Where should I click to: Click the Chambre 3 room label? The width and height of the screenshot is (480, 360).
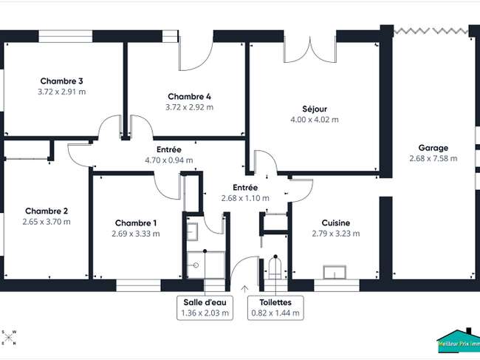61,81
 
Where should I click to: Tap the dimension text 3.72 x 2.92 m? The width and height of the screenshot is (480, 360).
190,107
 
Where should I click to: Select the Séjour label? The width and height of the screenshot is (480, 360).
315,109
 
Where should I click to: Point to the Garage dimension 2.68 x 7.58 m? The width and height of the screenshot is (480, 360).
433,158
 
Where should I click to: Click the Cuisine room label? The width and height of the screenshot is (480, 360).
336,223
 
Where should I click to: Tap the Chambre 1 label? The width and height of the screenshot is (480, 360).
136,223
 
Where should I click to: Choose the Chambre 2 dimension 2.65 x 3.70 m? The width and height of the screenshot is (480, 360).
47,222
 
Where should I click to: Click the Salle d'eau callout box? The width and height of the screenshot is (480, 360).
205,308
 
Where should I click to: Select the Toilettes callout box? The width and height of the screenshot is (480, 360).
275,308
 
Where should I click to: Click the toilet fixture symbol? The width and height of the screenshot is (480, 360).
275,268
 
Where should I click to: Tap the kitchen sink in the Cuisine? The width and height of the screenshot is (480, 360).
335,272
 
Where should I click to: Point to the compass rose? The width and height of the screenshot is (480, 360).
9,337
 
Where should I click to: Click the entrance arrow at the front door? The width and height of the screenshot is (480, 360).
244,288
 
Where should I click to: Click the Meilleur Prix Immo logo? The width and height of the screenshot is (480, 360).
459,339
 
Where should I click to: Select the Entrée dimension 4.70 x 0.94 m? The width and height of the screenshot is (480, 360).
169,160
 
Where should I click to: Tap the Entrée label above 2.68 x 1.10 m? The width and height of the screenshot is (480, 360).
245,188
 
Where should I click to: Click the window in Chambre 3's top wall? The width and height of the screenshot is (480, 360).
66,36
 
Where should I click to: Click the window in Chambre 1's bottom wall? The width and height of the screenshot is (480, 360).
138,285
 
